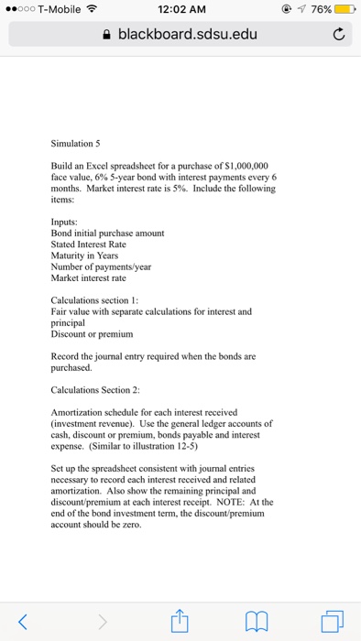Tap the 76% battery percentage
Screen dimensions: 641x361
pyautogui.click(x=319, y=10)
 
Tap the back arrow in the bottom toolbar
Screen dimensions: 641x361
pyautogui.click(x=24, y=622)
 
